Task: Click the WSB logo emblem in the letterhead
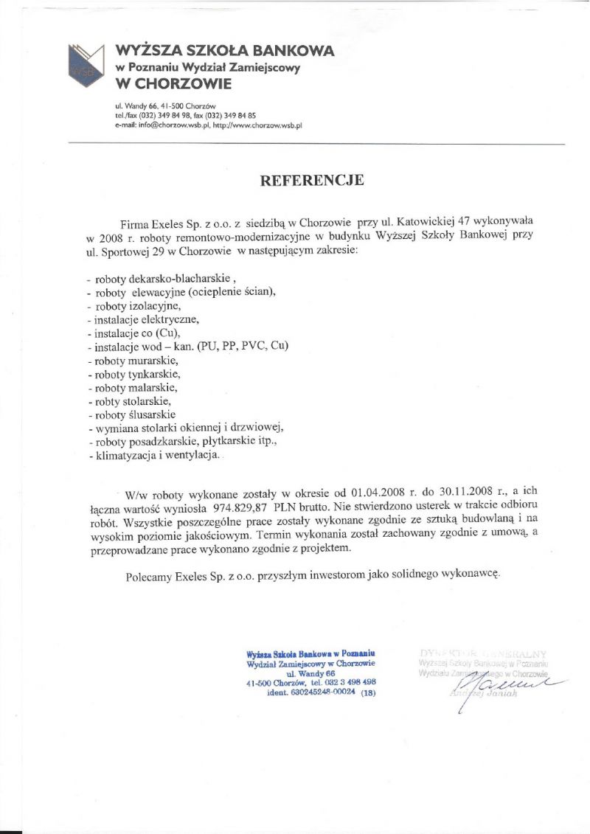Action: pos(86,62)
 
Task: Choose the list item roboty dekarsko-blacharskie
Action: pos(162,279)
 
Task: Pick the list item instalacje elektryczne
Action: pos(145,319)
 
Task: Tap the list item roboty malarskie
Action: pos(136,387)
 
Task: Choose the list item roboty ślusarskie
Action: pos(136,414)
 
